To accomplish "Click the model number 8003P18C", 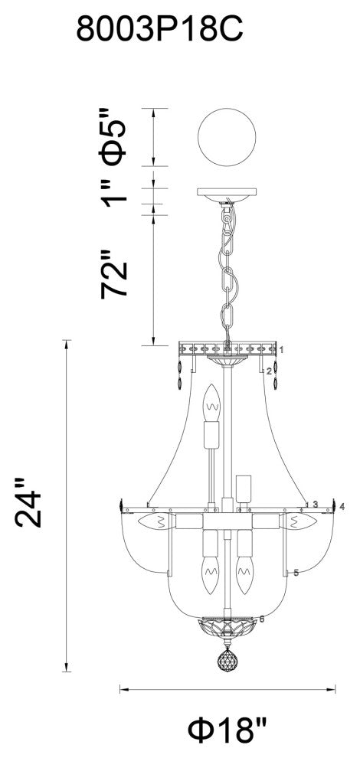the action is tap(159, 29).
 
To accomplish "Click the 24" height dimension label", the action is tap(28, 503).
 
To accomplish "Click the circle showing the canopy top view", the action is tap(227, 137).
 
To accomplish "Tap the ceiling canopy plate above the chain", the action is tap(227, 194).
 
